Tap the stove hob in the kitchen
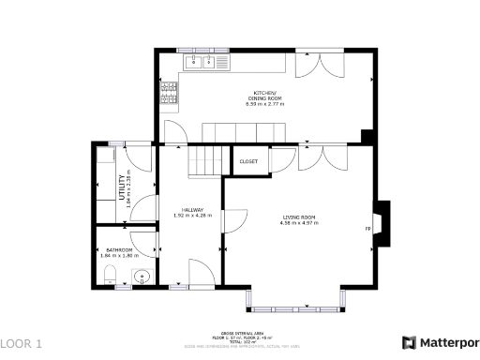coord(169,91)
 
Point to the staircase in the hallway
coord(206,161)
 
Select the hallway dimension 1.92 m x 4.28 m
coord(193,216)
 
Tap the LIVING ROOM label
coord(299,217)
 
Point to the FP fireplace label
coord(367,228)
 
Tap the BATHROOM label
coord(119,249)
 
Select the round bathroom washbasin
coord(142,276)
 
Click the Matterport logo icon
coord(409,343)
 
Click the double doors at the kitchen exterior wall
coord(312,66)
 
